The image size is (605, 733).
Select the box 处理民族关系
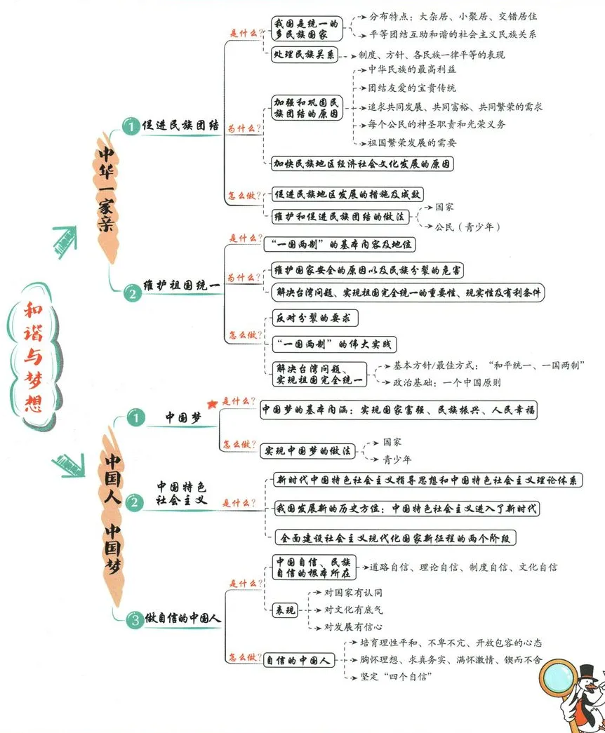[x=304, y=55]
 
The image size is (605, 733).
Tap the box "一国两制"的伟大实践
[x=333, y=344]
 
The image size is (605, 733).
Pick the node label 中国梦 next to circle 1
[x=183, y=417]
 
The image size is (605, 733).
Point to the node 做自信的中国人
[x=183, y=619]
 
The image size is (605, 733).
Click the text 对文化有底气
[x=354, y=610]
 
